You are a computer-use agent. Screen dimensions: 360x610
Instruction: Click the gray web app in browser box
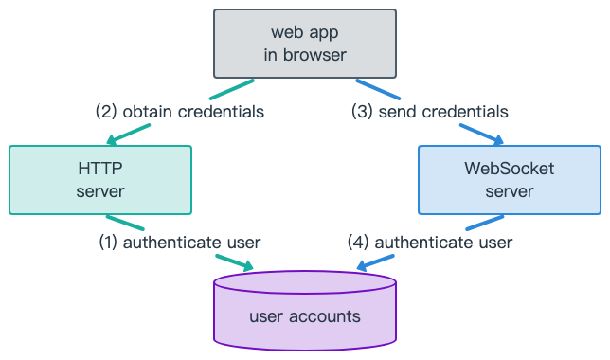(x=304, y=44)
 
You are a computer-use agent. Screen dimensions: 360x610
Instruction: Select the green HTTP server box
(x=100, y=179)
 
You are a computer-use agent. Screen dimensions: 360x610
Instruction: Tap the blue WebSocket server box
(x=509, y=179)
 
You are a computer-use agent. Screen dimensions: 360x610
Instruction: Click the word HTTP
(x=100, y=169)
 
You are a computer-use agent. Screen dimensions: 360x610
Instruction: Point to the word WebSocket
(x=509, y=169)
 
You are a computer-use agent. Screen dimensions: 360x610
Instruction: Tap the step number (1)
(x=109, y=243)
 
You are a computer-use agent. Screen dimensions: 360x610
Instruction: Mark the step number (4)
(x=360, y=243)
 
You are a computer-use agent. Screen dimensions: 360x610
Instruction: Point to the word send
(x=397, y=112)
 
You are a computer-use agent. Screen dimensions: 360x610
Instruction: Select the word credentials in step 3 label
(x=464, y=112)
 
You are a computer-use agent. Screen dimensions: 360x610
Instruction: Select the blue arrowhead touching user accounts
(x=363, y=266)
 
